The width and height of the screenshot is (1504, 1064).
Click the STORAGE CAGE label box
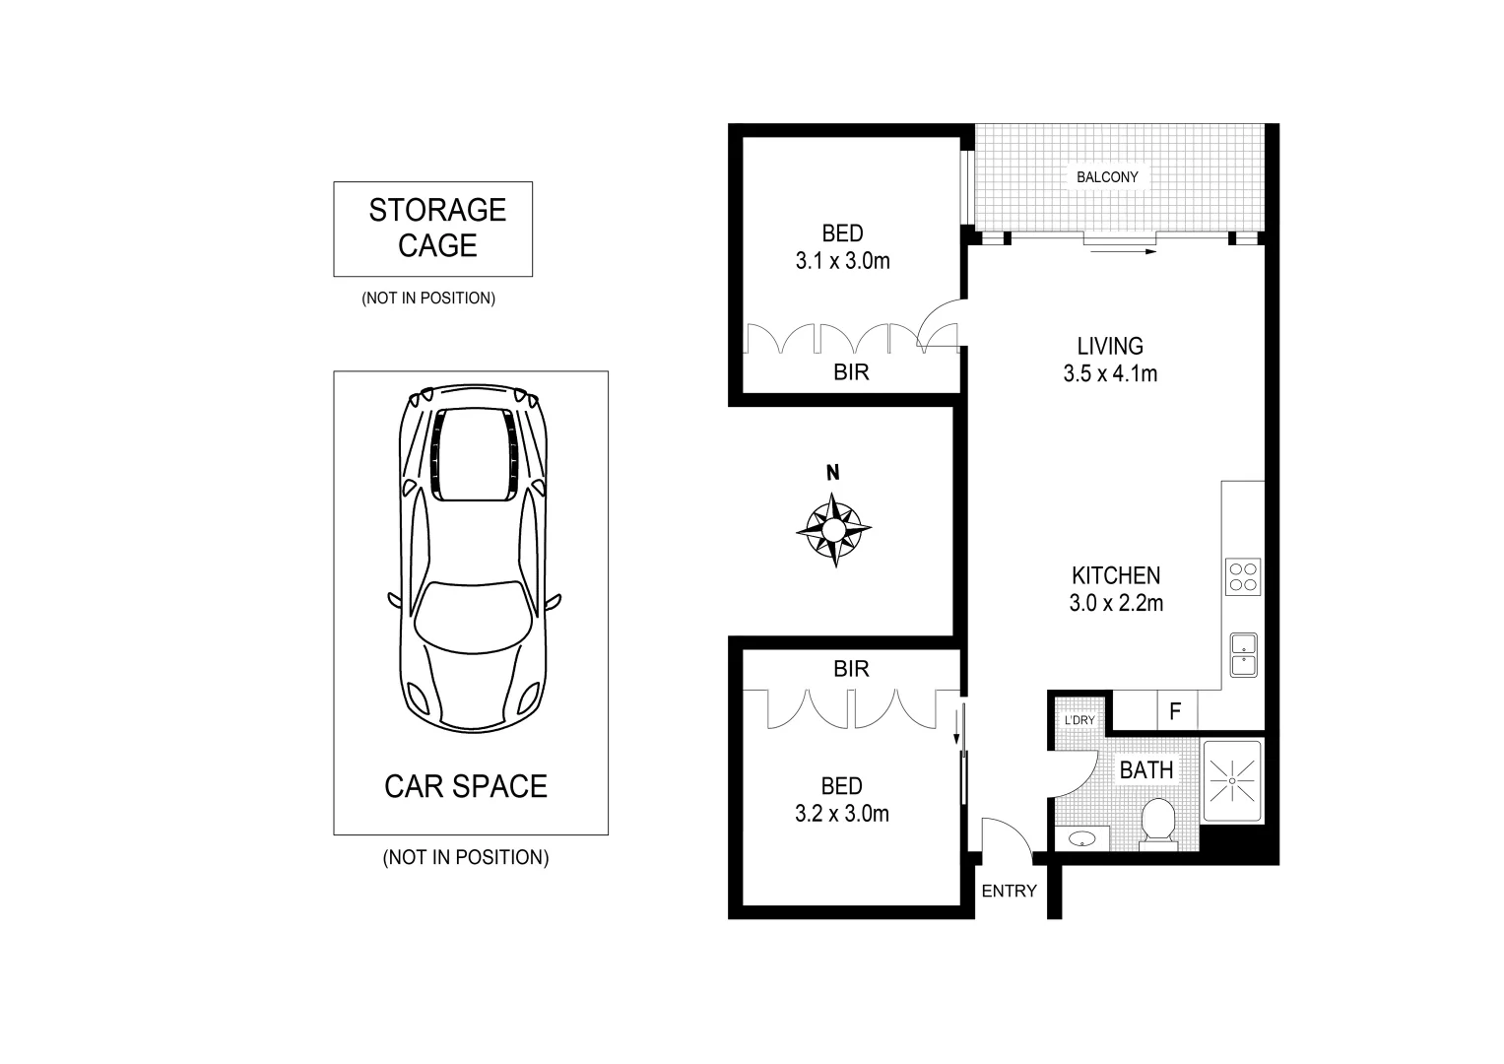pos(432,229)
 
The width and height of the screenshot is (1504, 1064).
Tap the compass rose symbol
pos(833,531)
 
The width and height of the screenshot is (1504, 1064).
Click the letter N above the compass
pos(833,473)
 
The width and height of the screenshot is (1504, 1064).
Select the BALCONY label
pos(1106,177)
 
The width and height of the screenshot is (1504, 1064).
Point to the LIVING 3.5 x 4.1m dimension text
pos(1110,373)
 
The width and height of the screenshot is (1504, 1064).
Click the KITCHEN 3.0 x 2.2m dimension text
pos(1116,603)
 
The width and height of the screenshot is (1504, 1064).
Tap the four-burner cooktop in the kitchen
pos(1243,576)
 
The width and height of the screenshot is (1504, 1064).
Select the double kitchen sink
pos(1243,654)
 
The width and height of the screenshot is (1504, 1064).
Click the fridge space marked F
pos(1175,711)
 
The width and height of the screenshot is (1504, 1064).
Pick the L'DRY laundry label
pos(1079,720)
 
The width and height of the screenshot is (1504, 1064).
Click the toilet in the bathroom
pos(1157,824)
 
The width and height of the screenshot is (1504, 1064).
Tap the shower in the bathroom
pos(1231,780)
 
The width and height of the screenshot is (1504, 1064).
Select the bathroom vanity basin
pos(1081,839)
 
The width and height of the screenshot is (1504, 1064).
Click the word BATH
pos(1146,770)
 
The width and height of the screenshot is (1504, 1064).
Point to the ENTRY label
pos(1009,892)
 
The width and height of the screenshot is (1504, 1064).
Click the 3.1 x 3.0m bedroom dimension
pos(842,261)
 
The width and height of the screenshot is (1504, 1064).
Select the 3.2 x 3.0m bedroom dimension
pos(842,814)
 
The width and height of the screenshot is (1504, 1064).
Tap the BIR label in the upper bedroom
pos(851,373)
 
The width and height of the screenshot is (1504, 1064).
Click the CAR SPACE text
pos(466,786)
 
